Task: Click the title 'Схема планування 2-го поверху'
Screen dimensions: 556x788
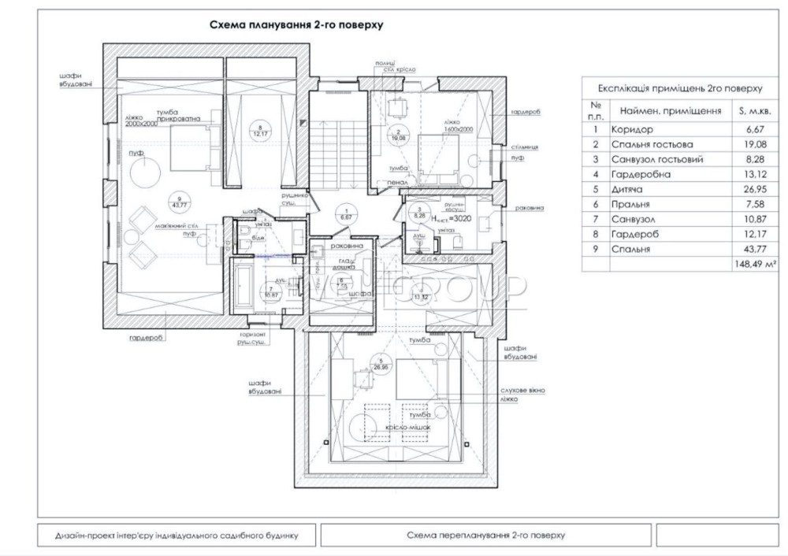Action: pyautogui.click(x=295, y=25)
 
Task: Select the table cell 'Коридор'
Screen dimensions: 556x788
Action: pyautogui.click(x=632, y=129)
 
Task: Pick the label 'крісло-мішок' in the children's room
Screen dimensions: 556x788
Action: pyautogui.click(x=408, y=427)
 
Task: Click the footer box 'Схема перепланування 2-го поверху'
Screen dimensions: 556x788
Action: pyautogui.click(x=486, y=536)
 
